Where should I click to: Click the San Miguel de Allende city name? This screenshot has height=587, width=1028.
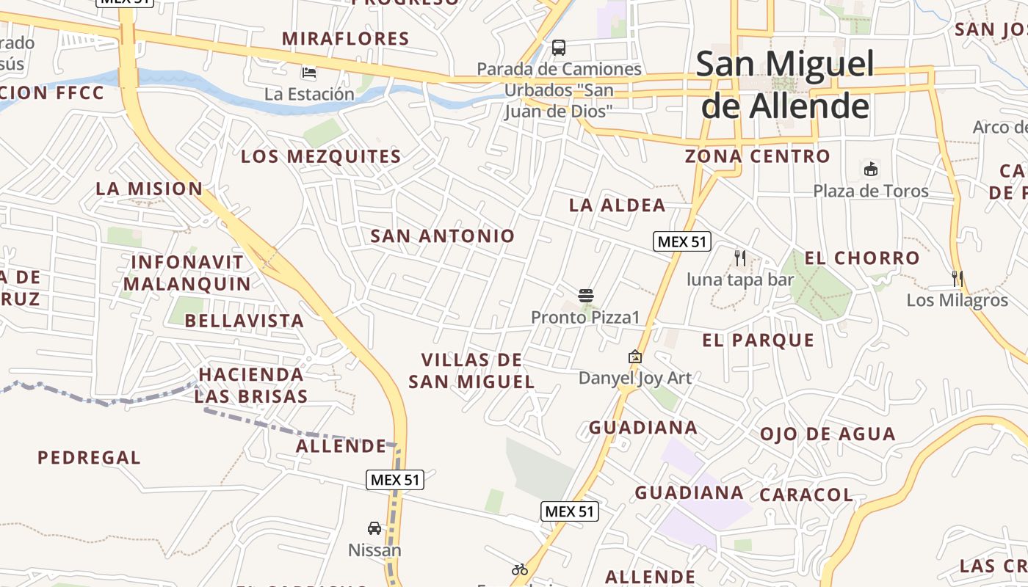point(785,85)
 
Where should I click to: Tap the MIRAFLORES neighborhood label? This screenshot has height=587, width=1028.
point(345,39)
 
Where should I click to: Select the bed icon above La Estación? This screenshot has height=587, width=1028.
point(309,73)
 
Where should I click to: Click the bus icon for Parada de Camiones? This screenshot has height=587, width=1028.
point(559,48)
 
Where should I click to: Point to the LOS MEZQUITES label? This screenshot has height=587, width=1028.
point(321,156)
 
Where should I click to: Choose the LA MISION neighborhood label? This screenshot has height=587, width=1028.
point(149,189)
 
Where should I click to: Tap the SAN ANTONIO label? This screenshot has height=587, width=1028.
point(443,236)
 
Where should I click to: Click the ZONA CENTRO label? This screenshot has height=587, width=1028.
point(757,156)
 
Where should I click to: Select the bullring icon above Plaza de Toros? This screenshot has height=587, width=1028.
point(871,169)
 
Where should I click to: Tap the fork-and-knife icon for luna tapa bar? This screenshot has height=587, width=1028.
point(740,258)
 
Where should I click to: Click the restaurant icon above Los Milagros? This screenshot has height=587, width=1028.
point(958,279)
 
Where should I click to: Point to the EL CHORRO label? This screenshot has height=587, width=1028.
point(862,258)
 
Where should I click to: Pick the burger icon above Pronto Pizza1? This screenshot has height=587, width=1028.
point(586,296)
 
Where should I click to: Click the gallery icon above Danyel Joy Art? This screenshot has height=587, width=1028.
point(635,357)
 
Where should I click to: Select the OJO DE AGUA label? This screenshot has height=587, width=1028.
point(828,434)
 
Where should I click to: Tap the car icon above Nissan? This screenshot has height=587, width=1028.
point(374,528)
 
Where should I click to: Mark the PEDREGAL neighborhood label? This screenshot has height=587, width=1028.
point(89,458)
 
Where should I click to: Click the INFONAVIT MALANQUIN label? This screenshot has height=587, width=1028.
point(187,273)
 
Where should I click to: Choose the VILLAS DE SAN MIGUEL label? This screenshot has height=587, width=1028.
point(471,371)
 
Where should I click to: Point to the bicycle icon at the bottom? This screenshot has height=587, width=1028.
point(520,569)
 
